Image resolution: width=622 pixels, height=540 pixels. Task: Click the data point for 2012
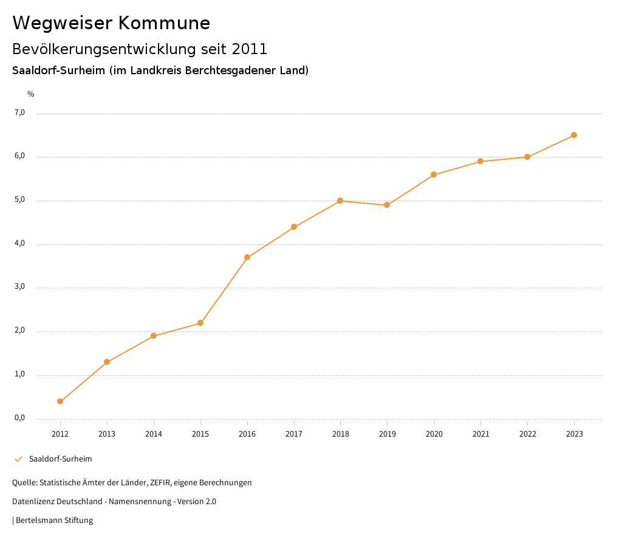click(60, 401)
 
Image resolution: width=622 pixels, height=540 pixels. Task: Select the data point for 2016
click(247, 257)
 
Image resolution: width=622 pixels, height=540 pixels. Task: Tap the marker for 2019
click(387, 205)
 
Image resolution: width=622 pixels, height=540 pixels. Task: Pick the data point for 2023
click(574, 135)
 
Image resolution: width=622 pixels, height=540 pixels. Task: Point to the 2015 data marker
click(200, 323)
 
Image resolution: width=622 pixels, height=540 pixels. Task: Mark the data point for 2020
click(434, 175)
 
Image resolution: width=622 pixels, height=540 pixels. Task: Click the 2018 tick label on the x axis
click(340, 434)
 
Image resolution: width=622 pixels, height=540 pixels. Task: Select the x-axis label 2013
click(107, 434)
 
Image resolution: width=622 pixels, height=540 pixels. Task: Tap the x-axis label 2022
click(527, 434)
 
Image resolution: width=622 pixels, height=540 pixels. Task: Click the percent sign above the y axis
click(31, 94)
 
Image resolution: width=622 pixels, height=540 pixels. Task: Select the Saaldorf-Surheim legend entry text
click(61, 459)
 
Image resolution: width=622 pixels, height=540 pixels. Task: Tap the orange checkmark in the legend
click(18, 459)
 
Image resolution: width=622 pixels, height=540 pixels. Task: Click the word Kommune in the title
click(164, 23)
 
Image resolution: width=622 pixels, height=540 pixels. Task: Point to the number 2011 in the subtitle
click(250, 49)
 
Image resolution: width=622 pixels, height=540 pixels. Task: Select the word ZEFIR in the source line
click(158, 482)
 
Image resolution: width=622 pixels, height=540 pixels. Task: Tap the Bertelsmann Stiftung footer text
click(54, 520)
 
